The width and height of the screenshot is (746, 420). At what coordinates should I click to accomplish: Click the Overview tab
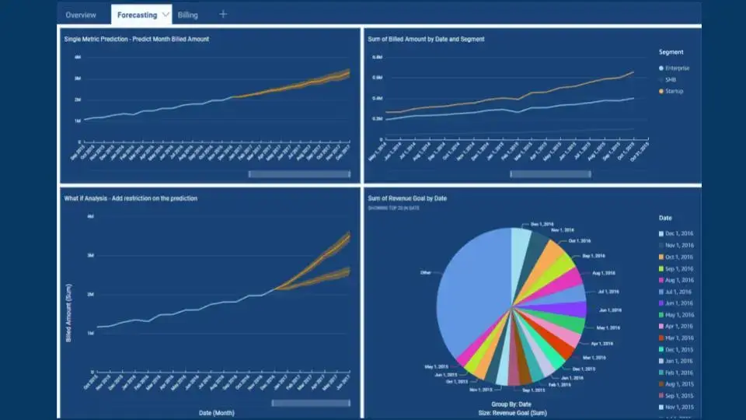click(x=81, y=15)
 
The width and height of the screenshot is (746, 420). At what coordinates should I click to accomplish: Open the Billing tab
click(x=188, y=15)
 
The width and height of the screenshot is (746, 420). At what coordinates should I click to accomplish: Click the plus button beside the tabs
click(x=224, y=14)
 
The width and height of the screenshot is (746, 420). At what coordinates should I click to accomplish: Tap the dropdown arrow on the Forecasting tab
click(x=166, y=15)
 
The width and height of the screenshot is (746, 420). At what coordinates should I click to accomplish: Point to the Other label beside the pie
click(x=425, y=273)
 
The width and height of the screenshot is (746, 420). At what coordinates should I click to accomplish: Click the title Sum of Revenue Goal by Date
click(x=407, y=198)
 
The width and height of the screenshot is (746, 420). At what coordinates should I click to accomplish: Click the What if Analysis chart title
click(x=130, y=198)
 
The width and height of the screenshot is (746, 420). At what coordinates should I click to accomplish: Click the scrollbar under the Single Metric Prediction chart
click(x=299, y=173)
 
